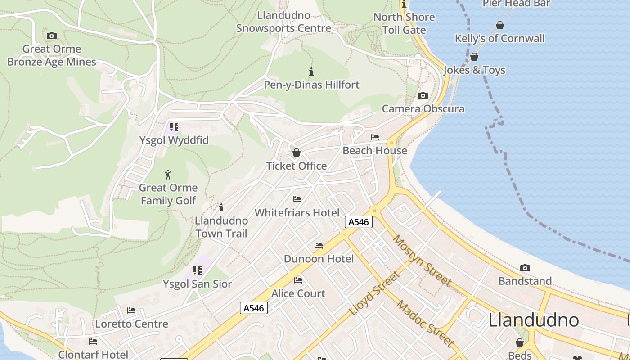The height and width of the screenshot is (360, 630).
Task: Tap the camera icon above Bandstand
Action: [525, 268]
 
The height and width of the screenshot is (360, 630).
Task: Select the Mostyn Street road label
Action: [422, 261]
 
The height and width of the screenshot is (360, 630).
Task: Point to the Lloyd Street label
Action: [374, 293]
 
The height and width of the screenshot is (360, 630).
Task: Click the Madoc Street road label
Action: [425, 323]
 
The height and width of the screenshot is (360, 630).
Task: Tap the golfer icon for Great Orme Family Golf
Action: [168, 175]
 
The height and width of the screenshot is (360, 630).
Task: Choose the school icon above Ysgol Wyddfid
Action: [174, 127]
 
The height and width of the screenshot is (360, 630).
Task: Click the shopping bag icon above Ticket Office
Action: [296, 153]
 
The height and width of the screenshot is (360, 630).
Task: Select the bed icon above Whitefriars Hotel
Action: [297, 199]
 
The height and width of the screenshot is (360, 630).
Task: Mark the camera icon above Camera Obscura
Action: [423, 95]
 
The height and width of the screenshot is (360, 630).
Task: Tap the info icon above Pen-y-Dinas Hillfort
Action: [311, 72]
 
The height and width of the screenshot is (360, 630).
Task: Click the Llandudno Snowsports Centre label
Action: [283, 22]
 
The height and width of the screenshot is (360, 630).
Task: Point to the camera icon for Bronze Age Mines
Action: [52, 36]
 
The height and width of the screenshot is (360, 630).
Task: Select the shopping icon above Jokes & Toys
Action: [474, 57]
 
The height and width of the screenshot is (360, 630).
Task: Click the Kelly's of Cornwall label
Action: [499, 38]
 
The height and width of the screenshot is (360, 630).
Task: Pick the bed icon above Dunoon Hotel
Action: [319, 246]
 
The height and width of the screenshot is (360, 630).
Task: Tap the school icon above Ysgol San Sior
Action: [198, 270]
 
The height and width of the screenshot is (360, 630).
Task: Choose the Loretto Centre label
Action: [131, 324]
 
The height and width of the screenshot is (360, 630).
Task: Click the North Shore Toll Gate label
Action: [404, 23]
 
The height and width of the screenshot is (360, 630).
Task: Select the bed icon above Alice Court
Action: [298, 280]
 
